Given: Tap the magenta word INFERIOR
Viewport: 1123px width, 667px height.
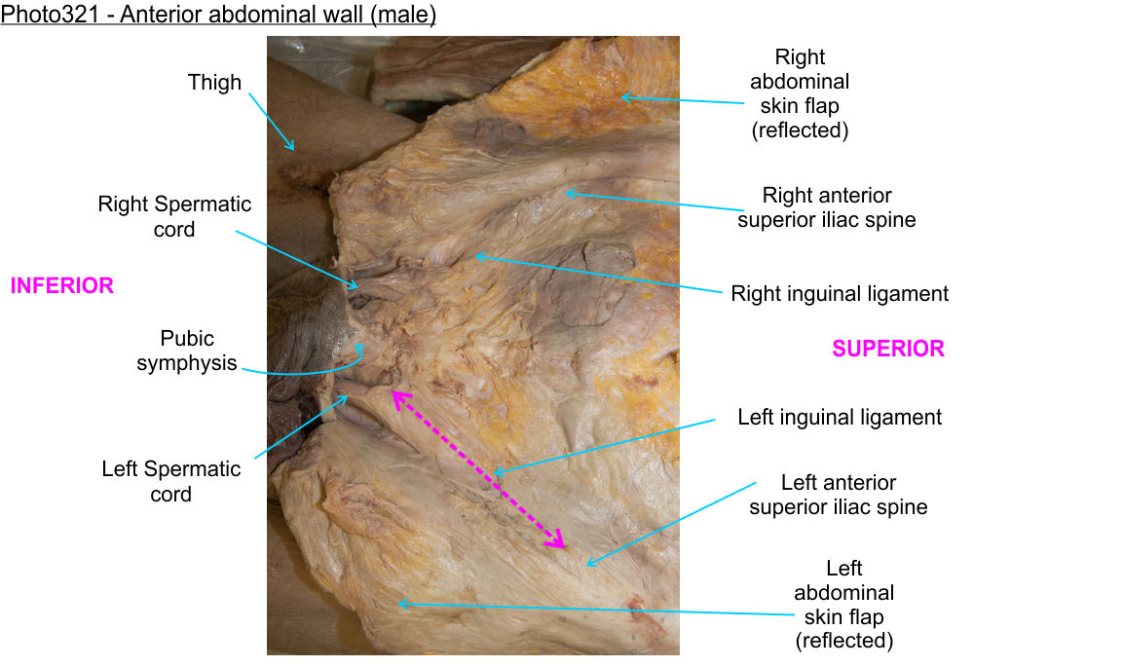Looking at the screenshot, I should pyautogui.click(x=62, y=286).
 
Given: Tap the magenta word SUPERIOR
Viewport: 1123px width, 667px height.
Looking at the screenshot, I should pyautogui.click(x=887, y=349).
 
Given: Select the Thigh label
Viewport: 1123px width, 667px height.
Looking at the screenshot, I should pyautogui.click(x=214, y=83).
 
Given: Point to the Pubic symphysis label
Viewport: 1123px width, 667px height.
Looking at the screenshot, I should pyautogui.click(x=187, y=351).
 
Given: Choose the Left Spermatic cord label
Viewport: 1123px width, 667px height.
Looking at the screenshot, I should pyautogui.click(x=171, y=481).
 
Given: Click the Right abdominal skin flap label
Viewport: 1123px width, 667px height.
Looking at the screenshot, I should pyautogui.click(x=800, y=93).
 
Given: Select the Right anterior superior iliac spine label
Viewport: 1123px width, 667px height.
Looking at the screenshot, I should pyautogui.click(x=826, y=208).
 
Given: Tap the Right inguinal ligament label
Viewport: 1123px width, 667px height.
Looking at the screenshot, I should pyautogui.click(x=840, y=293).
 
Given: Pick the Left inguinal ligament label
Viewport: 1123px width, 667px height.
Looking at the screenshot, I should pyautogui.click(x=840, y=418).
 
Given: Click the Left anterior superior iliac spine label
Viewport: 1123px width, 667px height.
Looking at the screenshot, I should pyautogui.click(x=838, y=495).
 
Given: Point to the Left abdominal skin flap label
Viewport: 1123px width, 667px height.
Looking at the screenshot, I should pyautogui.click(x=843, y=604).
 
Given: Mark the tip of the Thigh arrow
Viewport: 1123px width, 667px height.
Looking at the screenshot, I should pyautogui.click(x=292, y=149).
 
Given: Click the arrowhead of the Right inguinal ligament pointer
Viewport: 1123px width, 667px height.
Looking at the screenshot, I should pyautogui.click(x=476, y=256).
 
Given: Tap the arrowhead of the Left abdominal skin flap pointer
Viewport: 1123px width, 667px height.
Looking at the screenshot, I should pyautogui.click(x=399, y=604).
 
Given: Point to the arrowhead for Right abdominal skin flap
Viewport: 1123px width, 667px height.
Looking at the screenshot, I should pyautogui.click(x=623, y=96).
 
